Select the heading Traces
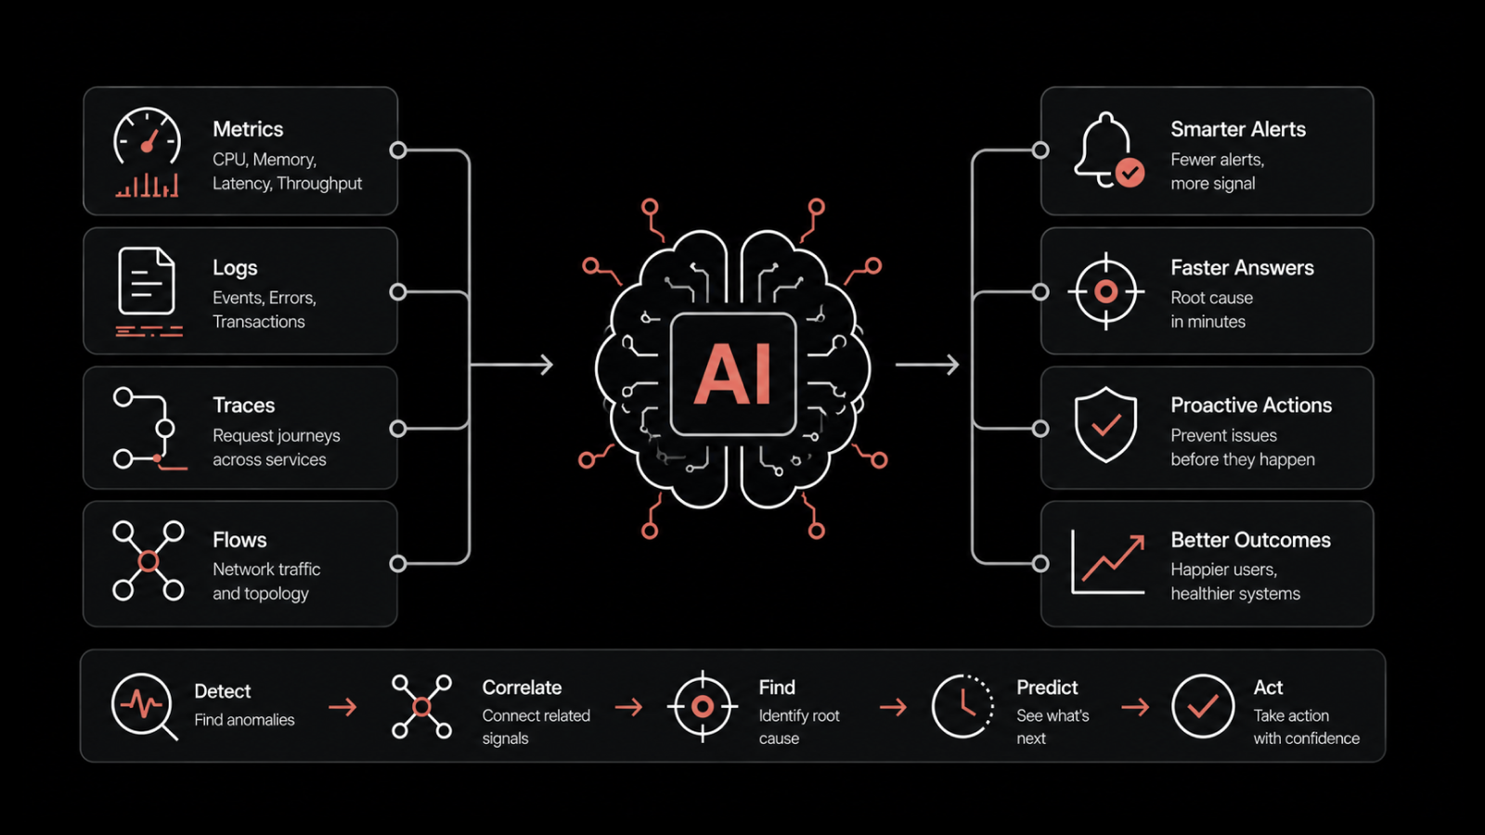(x=243, y=405)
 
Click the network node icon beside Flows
(x=148, y=560)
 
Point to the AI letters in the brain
(x=732, y=374)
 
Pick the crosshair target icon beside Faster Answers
(x=1105, y=291)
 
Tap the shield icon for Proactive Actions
(x=1105, y=425)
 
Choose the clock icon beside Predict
(x=962, y=706)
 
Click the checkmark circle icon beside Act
(x=1203, y=706)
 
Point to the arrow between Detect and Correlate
(x=342, y=707)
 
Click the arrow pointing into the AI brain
(x=511, y=365)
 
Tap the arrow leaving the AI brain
(x=927, y=365)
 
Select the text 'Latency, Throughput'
(x=287, y=184)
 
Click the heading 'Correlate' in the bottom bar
(x=522, y=687)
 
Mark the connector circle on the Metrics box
(x=398, y=150)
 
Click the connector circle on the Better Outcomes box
(x=1040, y=564)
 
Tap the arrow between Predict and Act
(x=1135, y=707)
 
